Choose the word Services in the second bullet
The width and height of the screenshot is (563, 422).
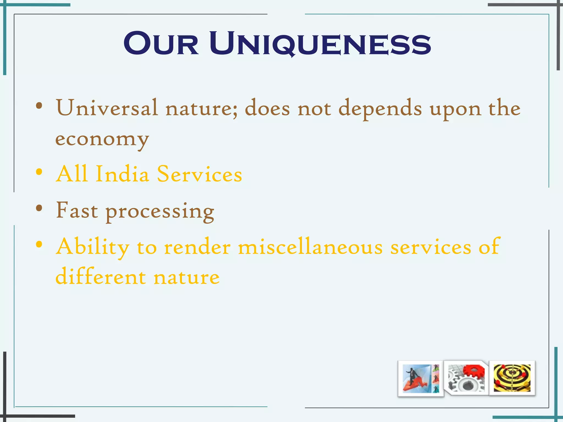(x=199, y=174)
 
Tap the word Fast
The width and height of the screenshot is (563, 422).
(x=77, y=210)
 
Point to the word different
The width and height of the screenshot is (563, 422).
(x=101, y=277)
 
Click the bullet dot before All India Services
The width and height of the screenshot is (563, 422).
(x=39, y=172)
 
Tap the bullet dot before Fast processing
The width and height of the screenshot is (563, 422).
(x=39, y=208)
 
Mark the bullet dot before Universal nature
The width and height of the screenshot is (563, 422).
(x=39, y=105)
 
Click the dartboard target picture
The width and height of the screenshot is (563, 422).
(x=512, y=378)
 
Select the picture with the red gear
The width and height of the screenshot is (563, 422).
(x=466, y=378)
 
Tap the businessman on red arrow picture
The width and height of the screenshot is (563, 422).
(x=421, y=379)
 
